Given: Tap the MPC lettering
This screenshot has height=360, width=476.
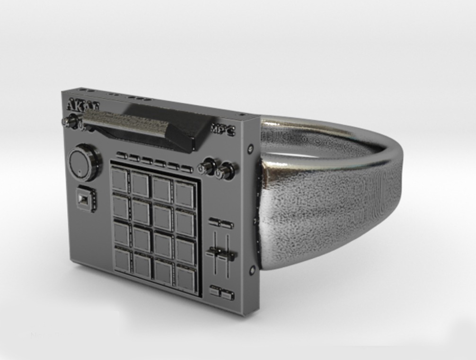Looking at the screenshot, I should tap(223, 129).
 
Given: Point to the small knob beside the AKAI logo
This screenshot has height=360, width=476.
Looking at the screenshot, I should tap(71, 121).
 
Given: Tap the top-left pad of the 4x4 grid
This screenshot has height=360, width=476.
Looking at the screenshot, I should tap(120, 179).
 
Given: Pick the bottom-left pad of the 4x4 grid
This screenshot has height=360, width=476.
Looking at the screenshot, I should tap(123, 260).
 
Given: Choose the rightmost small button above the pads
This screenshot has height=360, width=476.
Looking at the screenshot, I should tap(187, 168).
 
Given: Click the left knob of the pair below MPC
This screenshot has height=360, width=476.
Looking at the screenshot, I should tap(207, 167).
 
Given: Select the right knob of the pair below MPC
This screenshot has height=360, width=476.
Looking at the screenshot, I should tap(226, 171).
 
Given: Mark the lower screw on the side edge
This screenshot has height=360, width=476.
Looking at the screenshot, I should tap(252, 270).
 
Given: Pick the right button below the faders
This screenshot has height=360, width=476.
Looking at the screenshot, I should tap(228, 295).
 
